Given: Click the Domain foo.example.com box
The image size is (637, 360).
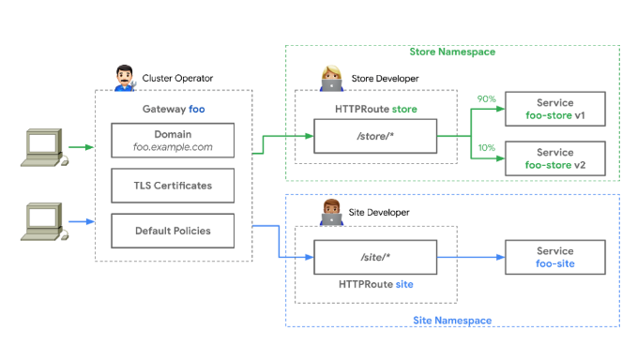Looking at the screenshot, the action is click(173, 141).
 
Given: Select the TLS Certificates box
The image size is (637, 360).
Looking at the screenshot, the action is click(173, 186).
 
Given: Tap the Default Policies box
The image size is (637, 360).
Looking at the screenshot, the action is click(173, 231).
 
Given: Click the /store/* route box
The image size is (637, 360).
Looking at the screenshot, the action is click(375, 136).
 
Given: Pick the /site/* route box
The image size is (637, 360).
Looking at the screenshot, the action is click(375, 257).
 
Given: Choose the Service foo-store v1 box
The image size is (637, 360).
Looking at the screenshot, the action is click(555, 109).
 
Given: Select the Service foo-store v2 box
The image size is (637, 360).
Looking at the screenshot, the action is click(555, 158).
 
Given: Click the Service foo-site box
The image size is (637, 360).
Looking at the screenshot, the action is click(555, 257).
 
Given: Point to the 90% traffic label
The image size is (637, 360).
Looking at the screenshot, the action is click(486, 99).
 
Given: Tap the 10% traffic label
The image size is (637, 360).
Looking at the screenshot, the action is click(486, 148).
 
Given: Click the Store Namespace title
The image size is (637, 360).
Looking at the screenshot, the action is click(452, 52).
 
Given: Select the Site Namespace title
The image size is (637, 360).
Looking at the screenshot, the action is click(452, 321).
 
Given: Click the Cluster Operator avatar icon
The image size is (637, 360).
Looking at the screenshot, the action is click(125, 78).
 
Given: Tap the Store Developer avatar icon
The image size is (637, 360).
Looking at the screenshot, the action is click(331, 79).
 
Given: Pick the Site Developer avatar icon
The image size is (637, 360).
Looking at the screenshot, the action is click(331, 212).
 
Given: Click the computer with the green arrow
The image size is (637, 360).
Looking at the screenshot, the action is click(44, 147).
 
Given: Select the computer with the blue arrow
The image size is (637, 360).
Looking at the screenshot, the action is click(44, 221).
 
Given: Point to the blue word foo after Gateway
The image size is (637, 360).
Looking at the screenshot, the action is click(197, 109).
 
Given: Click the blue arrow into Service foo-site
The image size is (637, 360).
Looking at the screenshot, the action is click(471, 257).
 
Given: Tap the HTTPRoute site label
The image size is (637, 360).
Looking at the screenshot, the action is click(376, 284).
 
